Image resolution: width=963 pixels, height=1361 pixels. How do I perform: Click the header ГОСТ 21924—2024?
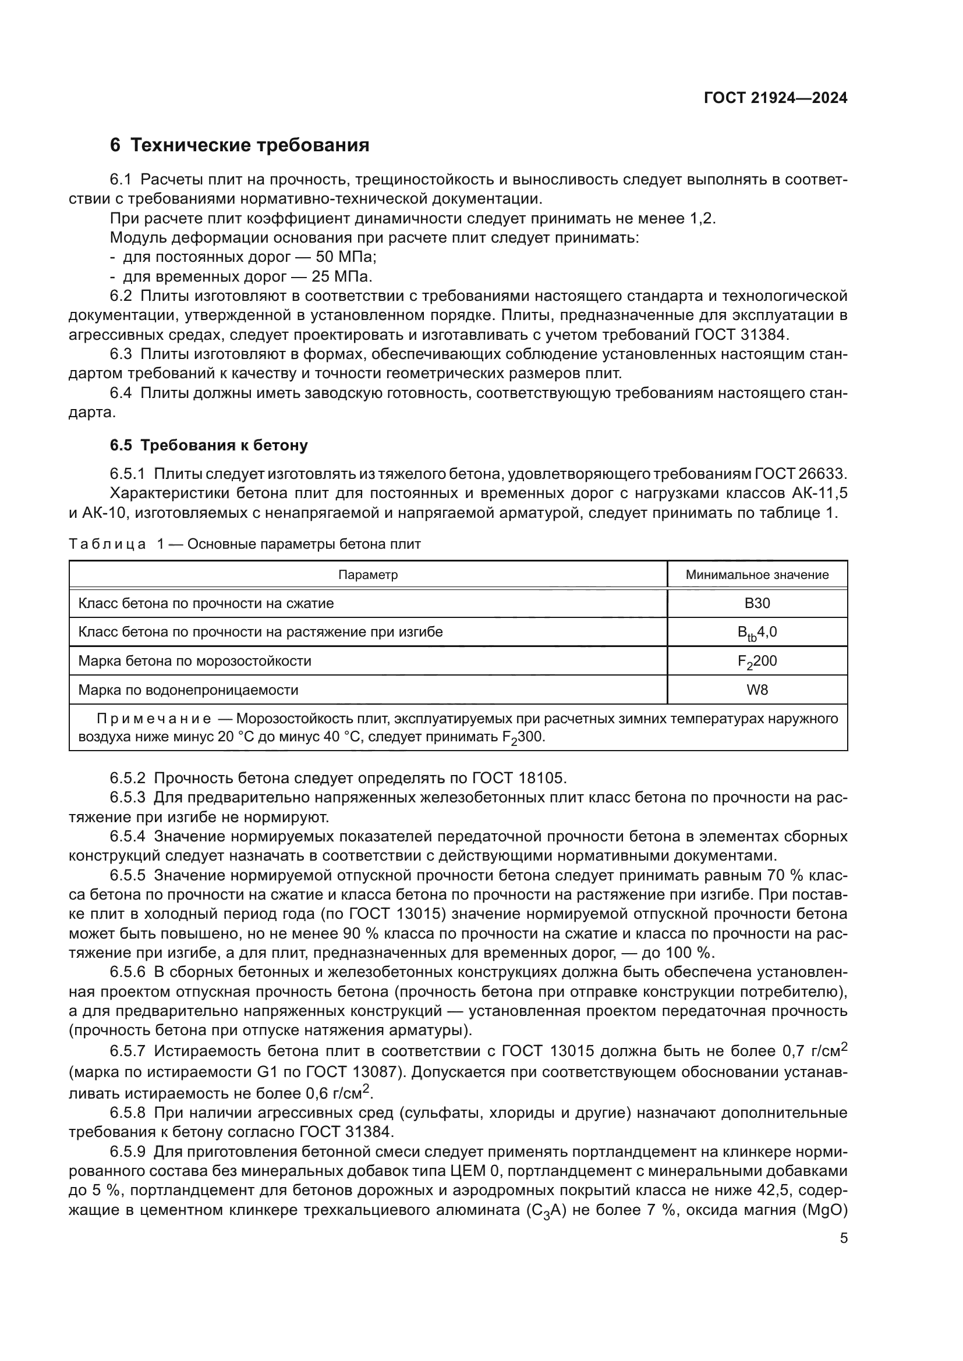(775, 98)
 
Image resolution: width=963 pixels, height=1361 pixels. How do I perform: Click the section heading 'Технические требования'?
(250, 145)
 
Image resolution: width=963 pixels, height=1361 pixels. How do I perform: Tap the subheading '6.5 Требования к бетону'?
(209, 445)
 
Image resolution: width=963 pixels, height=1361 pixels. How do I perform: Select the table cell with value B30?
(757, 603)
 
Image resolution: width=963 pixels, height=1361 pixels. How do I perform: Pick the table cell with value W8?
(757, 690)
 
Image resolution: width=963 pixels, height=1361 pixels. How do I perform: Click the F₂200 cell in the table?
(757, 662)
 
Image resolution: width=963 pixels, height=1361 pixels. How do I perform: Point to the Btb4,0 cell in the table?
(757, 632)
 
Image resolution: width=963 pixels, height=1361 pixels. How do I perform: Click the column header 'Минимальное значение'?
(757, 574)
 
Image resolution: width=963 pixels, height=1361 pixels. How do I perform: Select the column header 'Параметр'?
(367, 574)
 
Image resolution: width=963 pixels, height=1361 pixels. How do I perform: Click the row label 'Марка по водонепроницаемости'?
(188, 690)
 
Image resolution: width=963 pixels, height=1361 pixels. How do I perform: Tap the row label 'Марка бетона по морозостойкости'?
(194, 662)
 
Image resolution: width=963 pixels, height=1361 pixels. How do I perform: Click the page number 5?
(843, 1238)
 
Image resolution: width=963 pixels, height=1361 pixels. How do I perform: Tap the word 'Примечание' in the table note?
(154, 719)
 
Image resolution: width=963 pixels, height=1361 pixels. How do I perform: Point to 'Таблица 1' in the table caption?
(116, 544)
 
